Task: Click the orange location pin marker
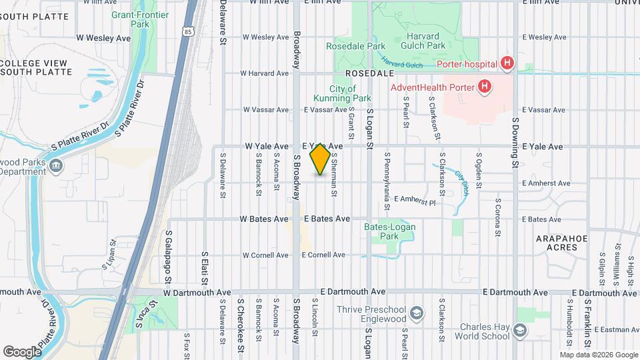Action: (x=321, y=159)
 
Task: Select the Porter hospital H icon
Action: (x=507, y=63)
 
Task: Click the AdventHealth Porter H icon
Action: (x=485, y=87)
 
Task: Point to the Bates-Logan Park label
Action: (x=385, y=231)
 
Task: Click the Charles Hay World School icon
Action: (x=520, y=331)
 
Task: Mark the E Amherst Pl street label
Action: (x=414, y=200)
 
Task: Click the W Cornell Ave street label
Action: (x=265, y=255)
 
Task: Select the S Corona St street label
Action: (x=497, y=217)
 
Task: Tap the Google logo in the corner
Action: (x=23, y=351)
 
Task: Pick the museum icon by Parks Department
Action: (x=56, y=165)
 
